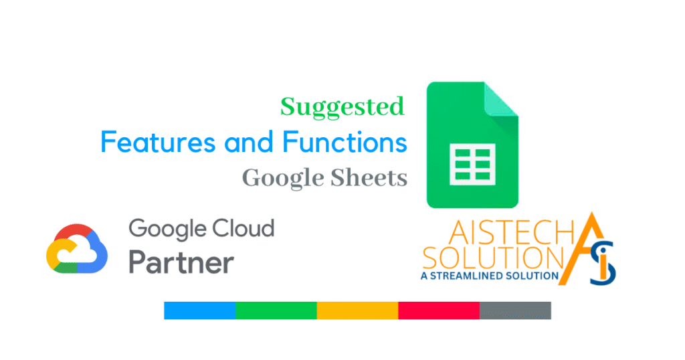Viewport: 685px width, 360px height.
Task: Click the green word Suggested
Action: [342, 108]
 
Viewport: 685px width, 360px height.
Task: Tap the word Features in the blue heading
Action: [158, 142]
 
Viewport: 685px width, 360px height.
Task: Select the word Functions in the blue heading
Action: [345, 142]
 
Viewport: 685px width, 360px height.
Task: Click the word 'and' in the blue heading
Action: [249, 142]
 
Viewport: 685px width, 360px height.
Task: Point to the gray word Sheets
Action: [369, 178]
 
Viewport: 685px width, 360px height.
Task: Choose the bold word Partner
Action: [181, 262]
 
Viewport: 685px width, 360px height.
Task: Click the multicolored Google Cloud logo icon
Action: [77, 249]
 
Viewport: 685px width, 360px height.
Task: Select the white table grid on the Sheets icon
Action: [473, 164]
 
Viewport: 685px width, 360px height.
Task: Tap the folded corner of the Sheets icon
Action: [501, 100]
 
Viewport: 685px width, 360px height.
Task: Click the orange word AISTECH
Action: [511, 232]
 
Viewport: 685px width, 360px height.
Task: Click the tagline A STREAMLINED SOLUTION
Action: [490, 276]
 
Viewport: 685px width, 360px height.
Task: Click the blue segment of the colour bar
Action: [199, 310]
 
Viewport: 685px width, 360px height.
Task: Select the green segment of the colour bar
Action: [276, 310]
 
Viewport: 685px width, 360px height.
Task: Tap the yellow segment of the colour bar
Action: [357, 310]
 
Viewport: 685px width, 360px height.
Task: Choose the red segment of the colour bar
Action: [439, 310]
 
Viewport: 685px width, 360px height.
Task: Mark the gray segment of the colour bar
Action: [515, 310]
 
